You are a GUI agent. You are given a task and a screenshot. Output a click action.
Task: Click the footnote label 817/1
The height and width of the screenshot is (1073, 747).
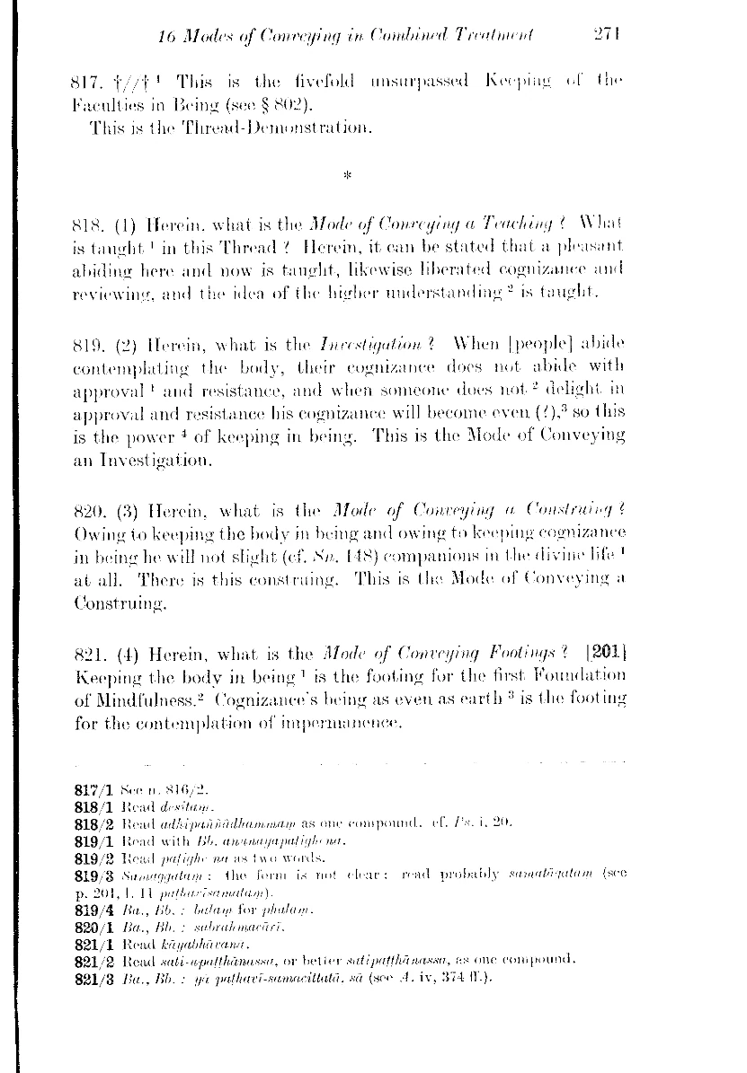coord(93,790)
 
